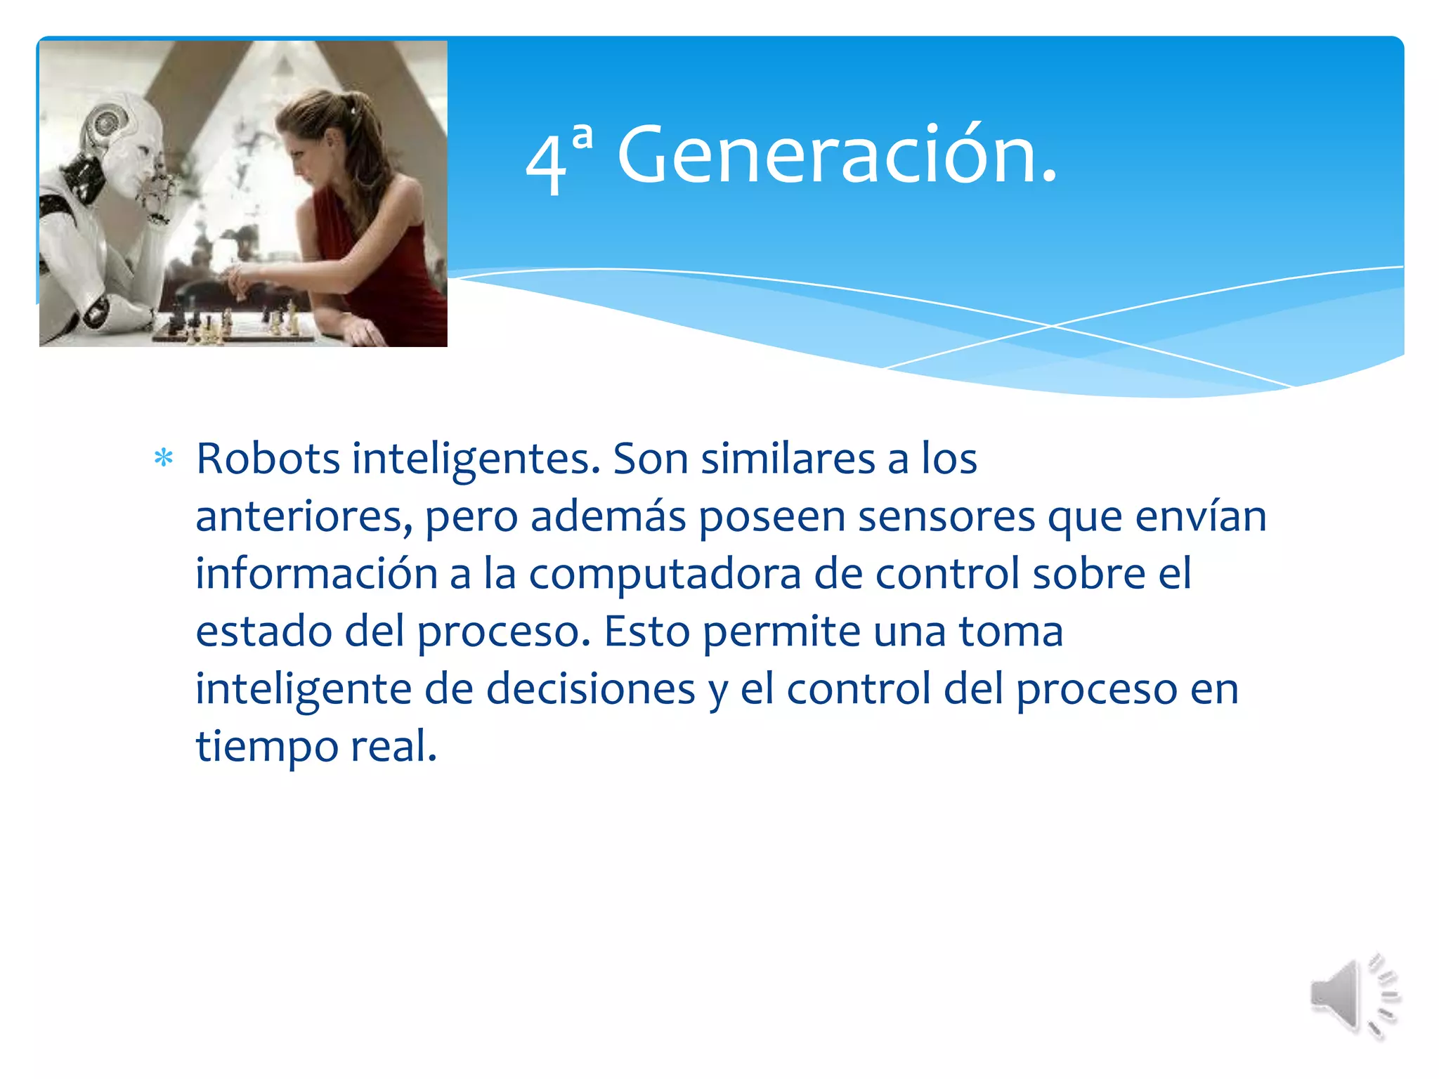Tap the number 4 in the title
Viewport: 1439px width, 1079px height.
[x=545, y=164]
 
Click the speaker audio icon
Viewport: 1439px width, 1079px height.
[x=1354, y=995]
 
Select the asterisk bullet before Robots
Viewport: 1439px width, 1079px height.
[x=164, y=459]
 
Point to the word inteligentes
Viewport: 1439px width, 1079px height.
[x=476, y=460]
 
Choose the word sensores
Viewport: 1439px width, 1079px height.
[x=946, y=517]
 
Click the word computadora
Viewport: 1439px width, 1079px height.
[x=665, y=575]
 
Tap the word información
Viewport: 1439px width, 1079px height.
[x=316, y=573]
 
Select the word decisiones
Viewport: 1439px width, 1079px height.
[x=590, y=689]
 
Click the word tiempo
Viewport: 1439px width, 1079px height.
[x=267, y=747]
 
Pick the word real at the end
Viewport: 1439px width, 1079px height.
[x=393, y=746]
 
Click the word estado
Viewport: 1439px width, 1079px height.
[x=263, y=632]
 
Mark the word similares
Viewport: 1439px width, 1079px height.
[x=788, y=459]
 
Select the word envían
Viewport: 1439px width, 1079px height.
[x=1201, y=517]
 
